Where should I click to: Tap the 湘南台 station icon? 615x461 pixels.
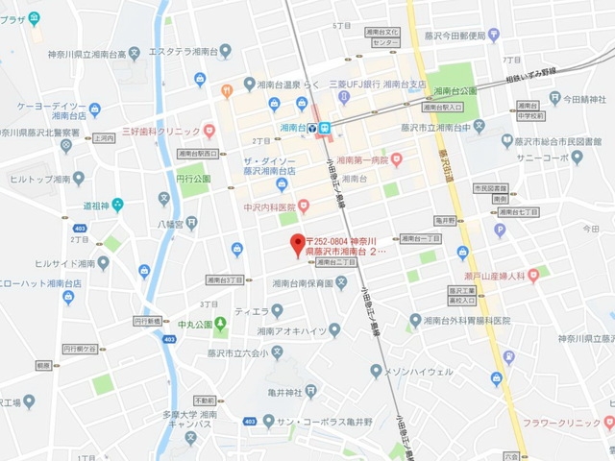tap(325, 126)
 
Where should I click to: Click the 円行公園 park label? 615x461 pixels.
tap(193, 178)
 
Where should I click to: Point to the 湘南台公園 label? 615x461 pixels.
tap(455, 91)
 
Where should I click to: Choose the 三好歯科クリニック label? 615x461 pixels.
tap(160, 132)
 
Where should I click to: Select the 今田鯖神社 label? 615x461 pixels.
tap(584, 99)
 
